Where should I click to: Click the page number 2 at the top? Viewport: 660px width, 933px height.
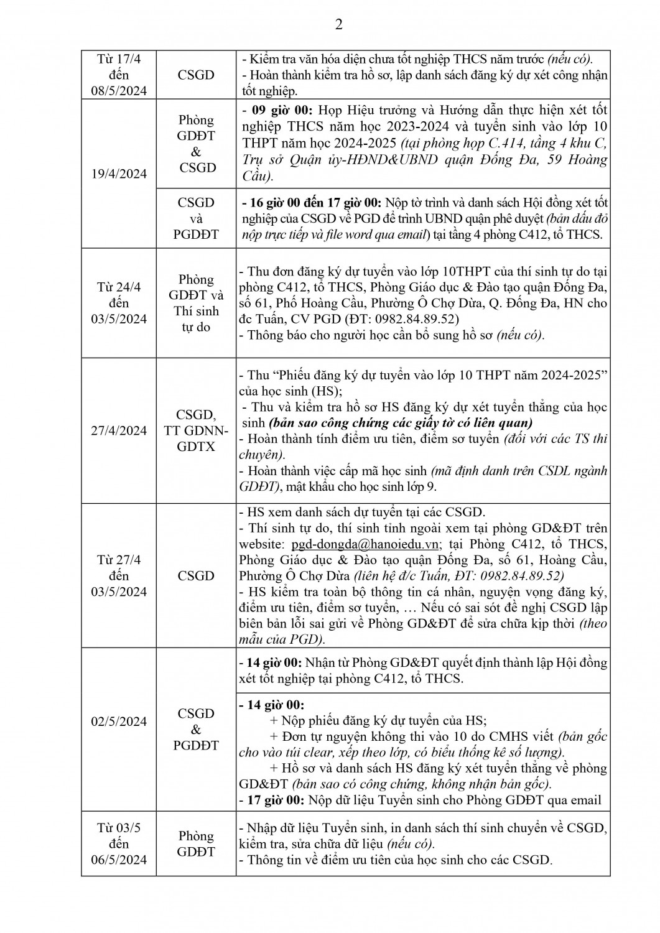339,25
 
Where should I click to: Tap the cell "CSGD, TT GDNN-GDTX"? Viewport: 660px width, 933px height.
196,430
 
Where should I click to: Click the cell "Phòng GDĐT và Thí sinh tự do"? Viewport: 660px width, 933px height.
196,303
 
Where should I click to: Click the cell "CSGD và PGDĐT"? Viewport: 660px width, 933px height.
196,218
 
